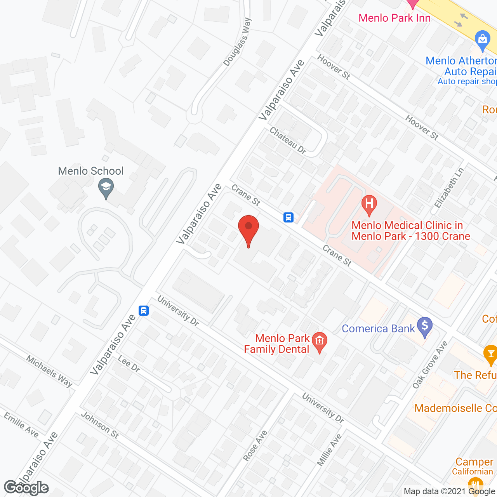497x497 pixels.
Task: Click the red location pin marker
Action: pos(248,229)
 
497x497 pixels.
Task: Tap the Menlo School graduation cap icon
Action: pos(106,188)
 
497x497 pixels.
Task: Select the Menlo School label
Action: pos(91,171)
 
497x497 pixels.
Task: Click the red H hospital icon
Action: pos(369,204)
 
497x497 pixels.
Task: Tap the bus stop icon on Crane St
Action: pos(288,217)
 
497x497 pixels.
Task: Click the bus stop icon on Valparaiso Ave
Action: pos(144,310)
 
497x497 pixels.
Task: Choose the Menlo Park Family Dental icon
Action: pos(319,342)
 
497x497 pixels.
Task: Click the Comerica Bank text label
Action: pos(378,328)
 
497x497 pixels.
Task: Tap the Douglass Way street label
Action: pos(238,42)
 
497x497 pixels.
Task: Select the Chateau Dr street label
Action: pos(288,141)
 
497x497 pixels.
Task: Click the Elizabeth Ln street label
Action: pos(449,188)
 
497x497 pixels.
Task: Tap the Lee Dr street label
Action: pos(129,363)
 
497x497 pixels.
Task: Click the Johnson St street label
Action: pos(100,425)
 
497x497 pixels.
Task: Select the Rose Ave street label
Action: pos(255,445)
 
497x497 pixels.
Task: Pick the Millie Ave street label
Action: pos(329,450)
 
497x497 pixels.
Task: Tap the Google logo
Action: pos(26,487)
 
